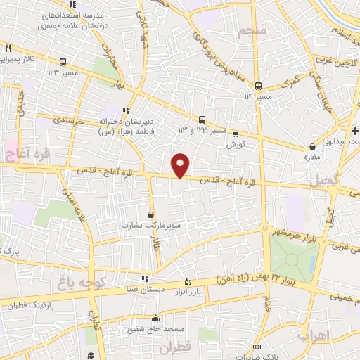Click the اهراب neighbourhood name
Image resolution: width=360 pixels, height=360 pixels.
[x=314, y=335]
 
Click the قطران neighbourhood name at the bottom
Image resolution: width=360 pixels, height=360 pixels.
[x=174, y=348]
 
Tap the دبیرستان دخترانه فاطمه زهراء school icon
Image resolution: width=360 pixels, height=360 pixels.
[x=127, y=110]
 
